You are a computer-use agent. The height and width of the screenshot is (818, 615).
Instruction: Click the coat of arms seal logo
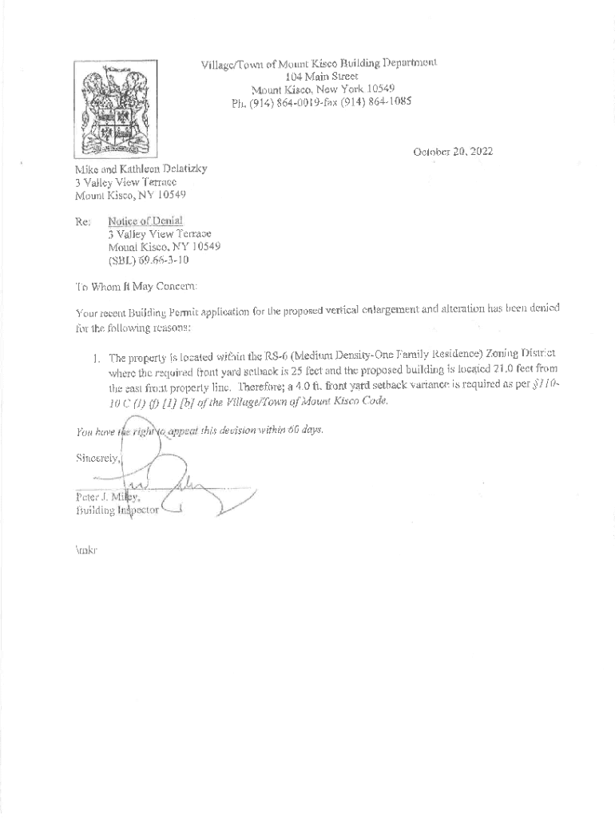coord(115,107)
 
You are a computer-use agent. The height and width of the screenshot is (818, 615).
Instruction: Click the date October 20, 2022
coord(452,150)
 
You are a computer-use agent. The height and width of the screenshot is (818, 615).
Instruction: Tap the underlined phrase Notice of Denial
coord(145,220)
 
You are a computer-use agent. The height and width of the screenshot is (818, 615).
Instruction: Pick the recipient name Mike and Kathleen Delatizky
coord(141,169)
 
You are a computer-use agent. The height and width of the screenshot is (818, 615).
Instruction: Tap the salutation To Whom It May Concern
coord(136,286)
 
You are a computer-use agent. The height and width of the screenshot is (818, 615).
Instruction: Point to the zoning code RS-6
coord(282,354)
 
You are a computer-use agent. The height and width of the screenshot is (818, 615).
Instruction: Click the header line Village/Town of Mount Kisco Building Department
coord(319,62)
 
